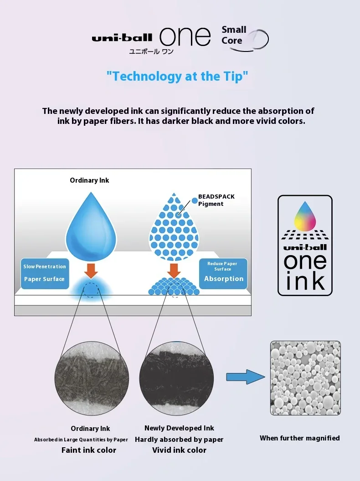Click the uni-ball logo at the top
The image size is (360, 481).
coord(122,38)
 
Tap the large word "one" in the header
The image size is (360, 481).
coord(185,36)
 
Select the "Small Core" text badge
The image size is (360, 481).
coord(234,35)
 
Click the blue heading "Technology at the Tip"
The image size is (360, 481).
coord(177,76)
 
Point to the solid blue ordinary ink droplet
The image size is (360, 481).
coord(91,225)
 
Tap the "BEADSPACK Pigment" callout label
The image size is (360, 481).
coord(216,200)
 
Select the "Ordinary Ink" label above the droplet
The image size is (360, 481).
coord(89,180)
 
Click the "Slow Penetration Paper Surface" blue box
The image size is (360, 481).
coord(44,273)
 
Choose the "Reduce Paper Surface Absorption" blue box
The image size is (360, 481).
coord(223,273)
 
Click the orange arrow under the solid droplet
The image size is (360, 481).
coord(91,270)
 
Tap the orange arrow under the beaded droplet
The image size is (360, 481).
coord(174,270)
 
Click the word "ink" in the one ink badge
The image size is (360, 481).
coord(305,281)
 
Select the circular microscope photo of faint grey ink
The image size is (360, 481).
coord(92,378)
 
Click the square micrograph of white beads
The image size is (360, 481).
coord(305,378)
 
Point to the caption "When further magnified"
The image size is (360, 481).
coord(299,438)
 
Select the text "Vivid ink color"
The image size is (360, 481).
coord(179,450)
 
